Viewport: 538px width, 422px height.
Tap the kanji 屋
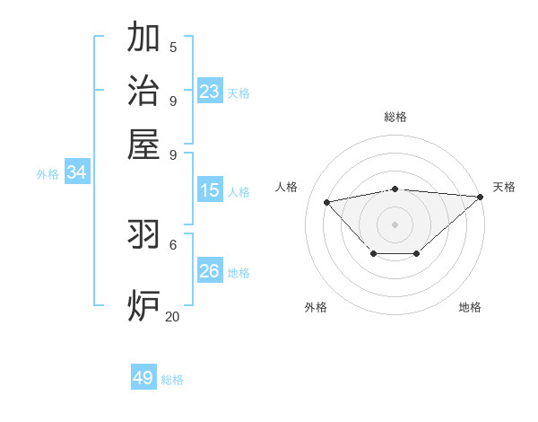point(143,144)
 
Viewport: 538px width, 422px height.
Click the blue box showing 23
point(209,92)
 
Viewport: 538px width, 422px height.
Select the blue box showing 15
point(209,190)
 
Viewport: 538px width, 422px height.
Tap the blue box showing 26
point(209,271)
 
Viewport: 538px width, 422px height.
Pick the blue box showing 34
point(76,172)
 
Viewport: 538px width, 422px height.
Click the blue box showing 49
point(143,378)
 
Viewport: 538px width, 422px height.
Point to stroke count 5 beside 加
point(173,48)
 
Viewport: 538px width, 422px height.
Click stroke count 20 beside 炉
point(172,316)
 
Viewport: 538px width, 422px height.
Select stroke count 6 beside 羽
point(173,244)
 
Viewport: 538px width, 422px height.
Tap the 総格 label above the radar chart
point(395,117)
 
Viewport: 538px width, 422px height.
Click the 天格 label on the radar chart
point(504,187)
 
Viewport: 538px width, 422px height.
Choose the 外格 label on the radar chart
point(316,307)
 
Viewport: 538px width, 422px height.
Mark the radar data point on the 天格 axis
point(480,197)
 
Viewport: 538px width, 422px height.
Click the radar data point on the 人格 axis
point(326,201)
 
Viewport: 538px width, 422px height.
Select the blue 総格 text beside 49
point(172,380)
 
